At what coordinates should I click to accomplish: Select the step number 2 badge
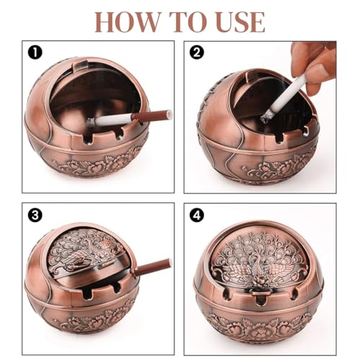coord(197,52)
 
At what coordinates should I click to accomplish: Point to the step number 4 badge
coord(197,214)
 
